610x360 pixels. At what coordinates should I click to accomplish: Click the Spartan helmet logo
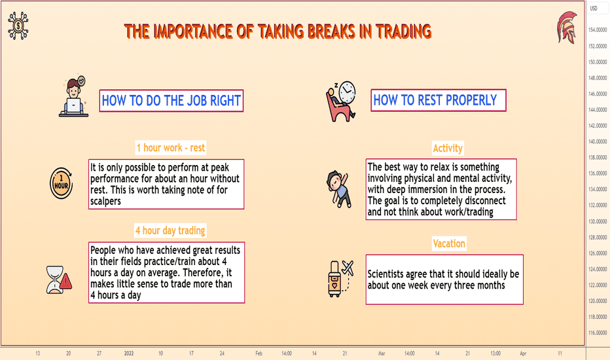pos(567,27)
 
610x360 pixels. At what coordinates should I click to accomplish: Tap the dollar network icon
pos(18,26)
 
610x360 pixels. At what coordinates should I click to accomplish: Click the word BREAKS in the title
pos(331,31)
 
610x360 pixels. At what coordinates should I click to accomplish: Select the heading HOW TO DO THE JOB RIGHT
pos(171,101)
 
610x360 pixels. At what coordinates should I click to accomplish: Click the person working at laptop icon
pos(73,96)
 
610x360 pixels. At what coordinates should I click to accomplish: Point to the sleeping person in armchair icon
pos(341,101)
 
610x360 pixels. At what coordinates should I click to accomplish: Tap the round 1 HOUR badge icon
pos(61,183)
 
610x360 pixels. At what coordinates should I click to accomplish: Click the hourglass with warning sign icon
pos(59,280)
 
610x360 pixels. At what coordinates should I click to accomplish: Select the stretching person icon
pos(339,189)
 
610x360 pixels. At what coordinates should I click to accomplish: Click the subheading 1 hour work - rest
pos(170,148)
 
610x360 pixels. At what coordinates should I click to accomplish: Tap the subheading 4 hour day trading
pos(170,230)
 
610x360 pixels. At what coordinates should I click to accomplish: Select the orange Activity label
pos(448,149)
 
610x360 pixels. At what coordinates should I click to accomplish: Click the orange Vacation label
pos(449,243)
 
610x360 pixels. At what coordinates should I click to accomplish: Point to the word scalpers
pos(105,201)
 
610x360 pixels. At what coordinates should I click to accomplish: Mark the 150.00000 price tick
pos(598,62)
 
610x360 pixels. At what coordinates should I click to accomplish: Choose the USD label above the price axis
pos(593,8)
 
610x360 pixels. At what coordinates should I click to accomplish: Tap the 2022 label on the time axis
pos(129,353)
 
